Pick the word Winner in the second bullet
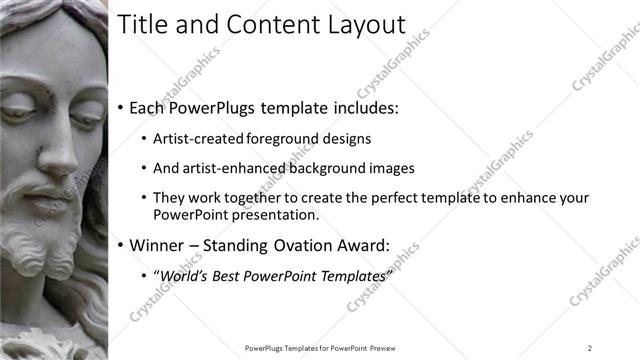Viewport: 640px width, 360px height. (157, 244)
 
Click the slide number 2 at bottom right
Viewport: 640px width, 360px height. (590, 348)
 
